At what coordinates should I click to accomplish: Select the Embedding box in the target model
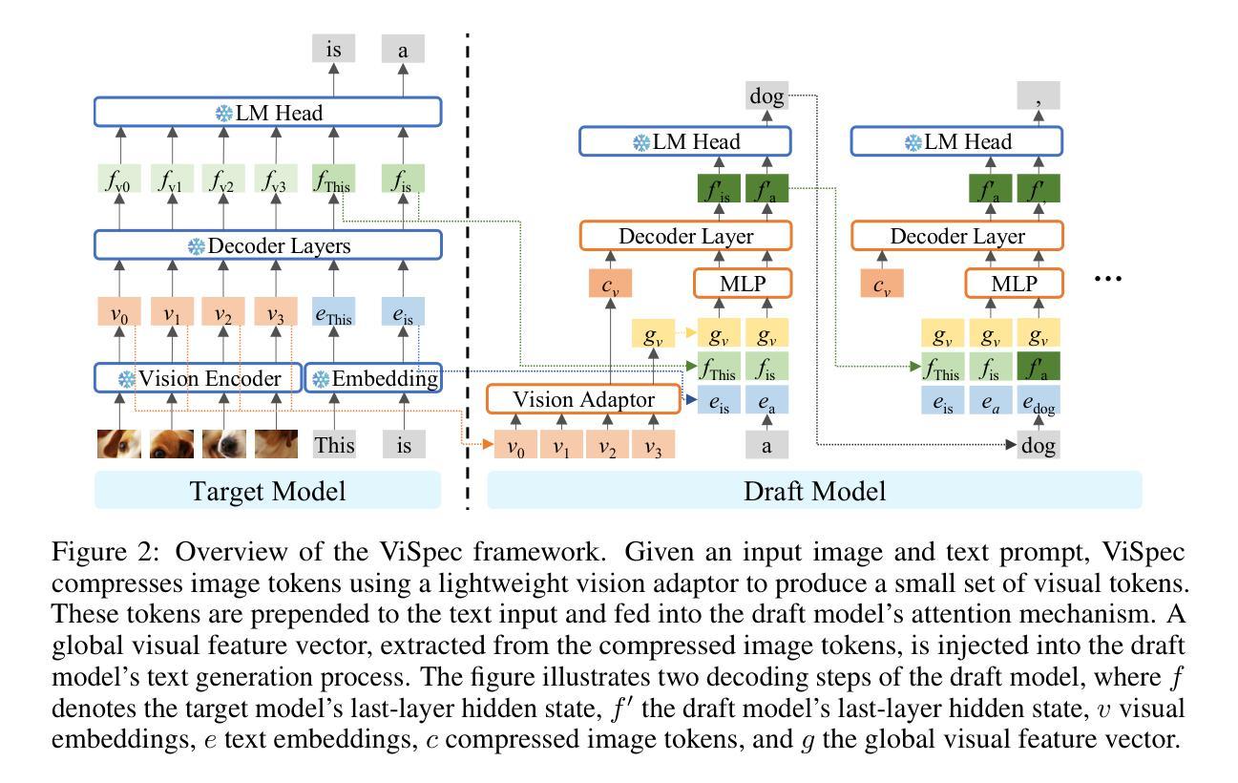pos(373,378)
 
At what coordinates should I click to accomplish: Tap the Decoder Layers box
pos(267,245)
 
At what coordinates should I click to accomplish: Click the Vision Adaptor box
pos(583,400)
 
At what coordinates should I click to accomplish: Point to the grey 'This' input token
pos(334,444)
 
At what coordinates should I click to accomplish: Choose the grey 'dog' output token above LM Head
pos(766,96)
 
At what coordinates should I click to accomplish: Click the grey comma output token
pos(1039,96)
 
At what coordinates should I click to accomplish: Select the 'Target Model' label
pos(267,491)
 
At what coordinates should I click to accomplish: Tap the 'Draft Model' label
pos(813,491)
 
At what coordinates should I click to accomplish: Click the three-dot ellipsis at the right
pos(1107,278)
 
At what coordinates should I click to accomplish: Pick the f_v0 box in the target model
pos(119,179)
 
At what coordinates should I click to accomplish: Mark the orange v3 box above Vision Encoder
pos(277,312)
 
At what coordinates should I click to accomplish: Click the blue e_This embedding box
pos(334,312)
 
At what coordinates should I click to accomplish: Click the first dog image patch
pos(119,444)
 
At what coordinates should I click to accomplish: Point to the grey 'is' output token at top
pos(334,49)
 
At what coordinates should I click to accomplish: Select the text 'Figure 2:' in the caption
pos(94,553)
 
